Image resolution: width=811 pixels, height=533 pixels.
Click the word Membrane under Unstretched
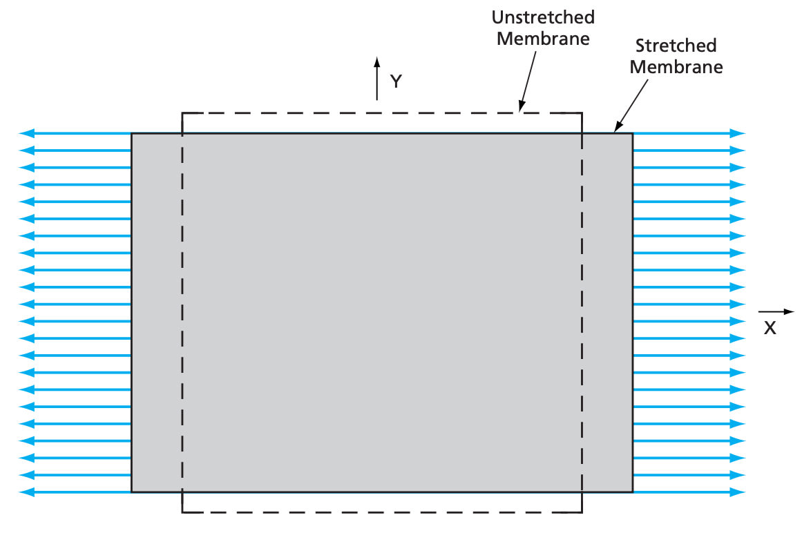coord(544,38)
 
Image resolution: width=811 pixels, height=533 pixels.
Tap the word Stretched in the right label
coord(676,46)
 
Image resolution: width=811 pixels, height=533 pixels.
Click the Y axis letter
coord(396,81)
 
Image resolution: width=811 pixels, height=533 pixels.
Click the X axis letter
coord(770,329)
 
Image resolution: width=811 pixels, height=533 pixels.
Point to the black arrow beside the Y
coord(377,79)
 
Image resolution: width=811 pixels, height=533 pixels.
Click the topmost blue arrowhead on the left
coord(26,133)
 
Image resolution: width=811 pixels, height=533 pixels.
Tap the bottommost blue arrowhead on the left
coord(26,492)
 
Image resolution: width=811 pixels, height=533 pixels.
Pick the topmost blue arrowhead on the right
coord(738,133)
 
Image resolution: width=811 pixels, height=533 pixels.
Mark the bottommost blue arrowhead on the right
coord(738,492)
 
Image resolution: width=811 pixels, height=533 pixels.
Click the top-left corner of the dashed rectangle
coord(182,113)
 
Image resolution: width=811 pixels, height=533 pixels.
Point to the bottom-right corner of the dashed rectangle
coord(582,512)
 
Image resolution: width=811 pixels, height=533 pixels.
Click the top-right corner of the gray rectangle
coord(632,133)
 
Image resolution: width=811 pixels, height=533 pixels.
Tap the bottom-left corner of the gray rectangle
coord(131,492)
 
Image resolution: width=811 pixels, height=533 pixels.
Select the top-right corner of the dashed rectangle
coord(582,113)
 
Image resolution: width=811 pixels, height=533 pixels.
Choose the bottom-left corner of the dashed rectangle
coord(182,512)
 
